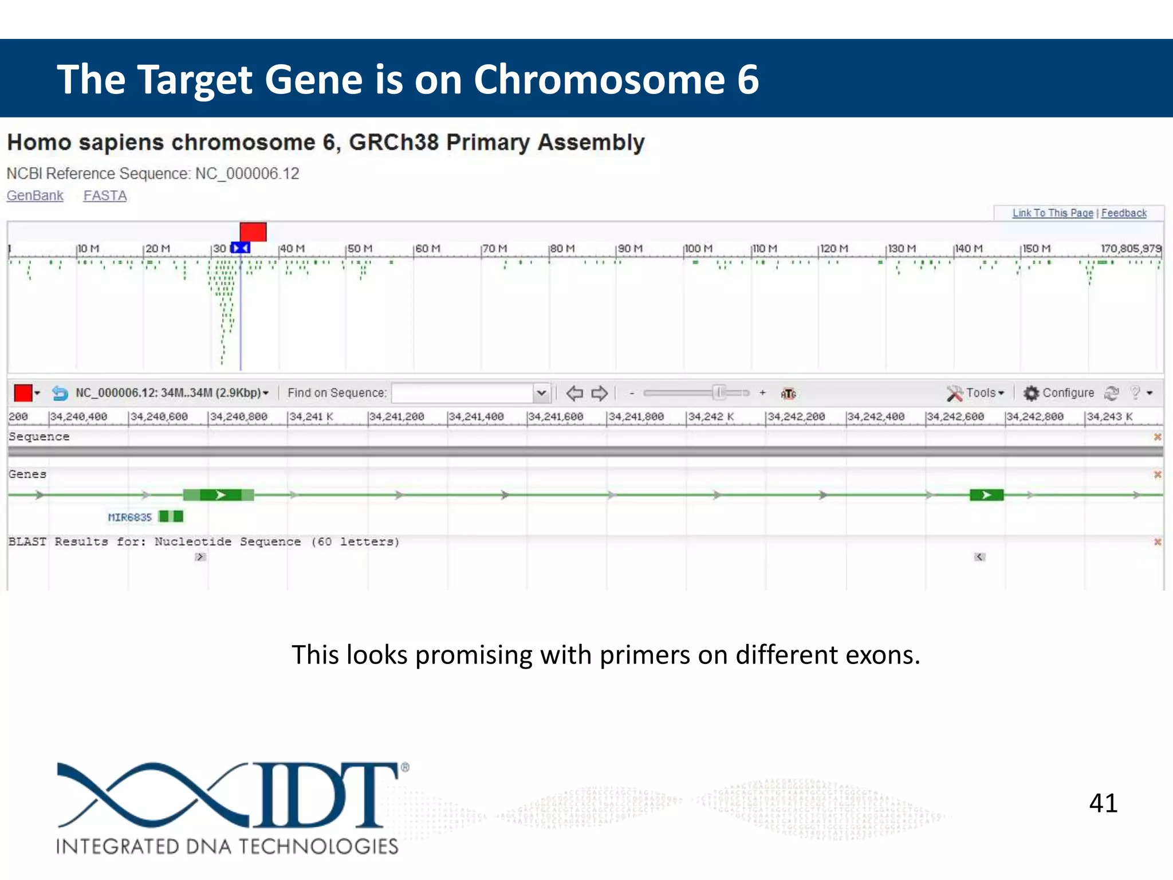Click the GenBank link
[35, 195]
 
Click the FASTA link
[105, 195]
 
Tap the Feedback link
[1123, 213]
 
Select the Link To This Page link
[1052, 213]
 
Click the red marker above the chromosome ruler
[253, 232]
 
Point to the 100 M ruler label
[699, 249]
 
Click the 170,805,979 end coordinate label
[1131, 249]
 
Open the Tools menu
[977, 393]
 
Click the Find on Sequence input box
[463, 393]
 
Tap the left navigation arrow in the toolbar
[574, 393]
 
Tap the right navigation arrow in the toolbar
[599, 393]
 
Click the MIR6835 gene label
[130, 517]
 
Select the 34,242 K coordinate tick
[710, 417]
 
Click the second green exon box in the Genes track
[986, 495]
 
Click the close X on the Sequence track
[1157, 437]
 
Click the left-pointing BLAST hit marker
[979, 557]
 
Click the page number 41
[1103, 803]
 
